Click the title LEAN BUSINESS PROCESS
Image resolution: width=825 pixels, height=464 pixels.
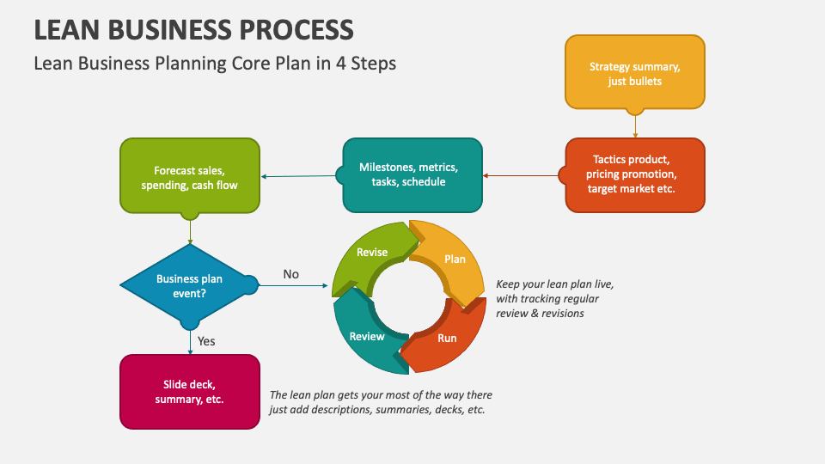click(x=193, y=29)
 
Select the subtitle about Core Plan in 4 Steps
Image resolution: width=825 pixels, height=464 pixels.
click(x=215, y=64)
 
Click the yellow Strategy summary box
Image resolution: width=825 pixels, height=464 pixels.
click(x=635, y=72)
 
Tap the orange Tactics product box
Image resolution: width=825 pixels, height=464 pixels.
click(x=635, y=175)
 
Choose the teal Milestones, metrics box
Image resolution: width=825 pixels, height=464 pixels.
click(x=412, y=175)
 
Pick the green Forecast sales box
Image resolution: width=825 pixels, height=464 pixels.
click(x=190, y=175)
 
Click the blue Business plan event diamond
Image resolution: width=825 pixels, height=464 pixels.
click(x=190, y=285)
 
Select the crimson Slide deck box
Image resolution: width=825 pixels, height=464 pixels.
click(x=190, y=392)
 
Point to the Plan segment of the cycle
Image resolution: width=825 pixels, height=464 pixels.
click(x=451, y=260)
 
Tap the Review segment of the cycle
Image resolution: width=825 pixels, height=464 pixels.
click(x=368, y=335)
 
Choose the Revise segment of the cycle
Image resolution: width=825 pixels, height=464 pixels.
click(x=371, y=253)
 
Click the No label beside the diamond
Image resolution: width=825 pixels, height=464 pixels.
click(x=291, y=274)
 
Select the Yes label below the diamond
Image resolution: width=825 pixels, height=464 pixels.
click(x=206, y=341)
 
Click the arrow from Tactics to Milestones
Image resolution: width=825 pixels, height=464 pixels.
click(x=522, y=175)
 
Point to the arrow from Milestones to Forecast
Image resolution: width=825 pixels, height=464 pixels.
click(x=301, y=176)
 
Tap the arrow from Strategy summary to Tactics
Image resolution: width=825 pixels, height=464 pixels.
click(x=635, y=126)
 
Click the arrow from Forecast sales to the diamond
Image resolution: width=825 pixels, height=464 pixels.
click(x=190, y=229)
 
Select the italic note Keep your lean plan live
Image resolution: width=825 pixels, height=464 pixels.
click(x=554, y=298)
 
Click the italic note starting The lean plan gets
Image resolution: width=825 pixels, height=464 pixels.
click(x=381, y=402)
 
